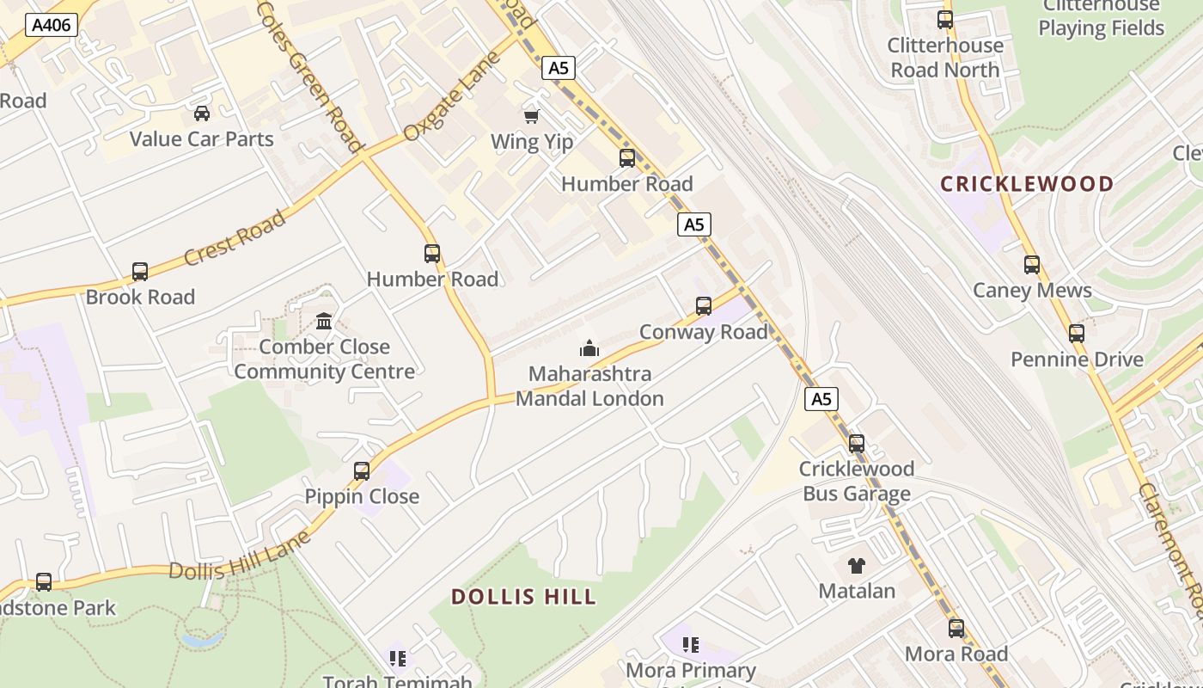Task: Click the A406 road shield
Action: [x=52, y=25]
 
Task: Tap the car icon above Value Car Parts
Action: [x=202, y=114]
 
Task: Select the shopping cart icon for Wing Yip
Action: [x=532, y=116]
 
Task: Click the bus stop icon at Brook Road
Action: [x=140, y=272]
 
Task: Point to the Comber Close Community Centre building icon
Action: [x=324, y=322]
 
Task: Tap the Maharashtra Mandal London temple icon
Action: [x=589, y=348]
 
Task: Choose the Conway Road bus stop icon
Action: [x=704, y=306]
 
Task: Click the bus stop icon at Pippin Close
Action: [x=362, y=471]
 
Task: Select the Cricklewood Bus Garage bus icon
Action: [x=857, y=444]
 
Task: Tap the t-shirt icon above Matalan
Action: [x=856, y=566]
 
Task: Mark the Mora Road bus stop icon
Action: [x=956, y=629]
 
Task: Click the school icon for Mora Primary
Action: [x=691, y=644]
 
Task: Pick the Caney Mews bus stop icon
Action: [x=1032, y=265]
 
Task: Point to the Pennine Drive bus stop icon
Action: [x=1077, y=334]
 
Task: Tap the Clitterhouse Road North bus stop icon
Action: [x=945, y=20]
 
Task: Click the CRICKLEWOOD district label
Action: [x=1027, y=184]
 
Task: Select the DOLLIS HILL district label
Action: [x=523, y=597]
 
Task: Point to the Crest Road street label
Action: [x=235, y=238]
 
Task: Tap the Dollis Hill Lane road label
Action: [x=239, y=559]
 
